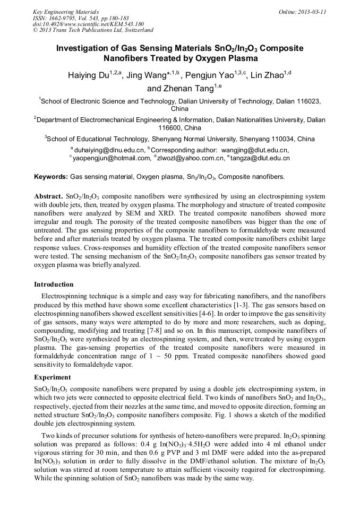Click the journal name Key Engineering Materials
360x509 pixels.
(x=66, y=11)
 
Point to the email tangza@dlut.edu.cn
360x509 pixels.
(x=260, y=158)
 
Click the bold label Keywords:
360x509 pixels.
(x=51, y=176)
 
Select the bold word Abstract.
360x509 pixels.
(x=48, y=196)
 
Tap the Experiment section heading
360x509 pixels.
(x=53, y=377)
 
